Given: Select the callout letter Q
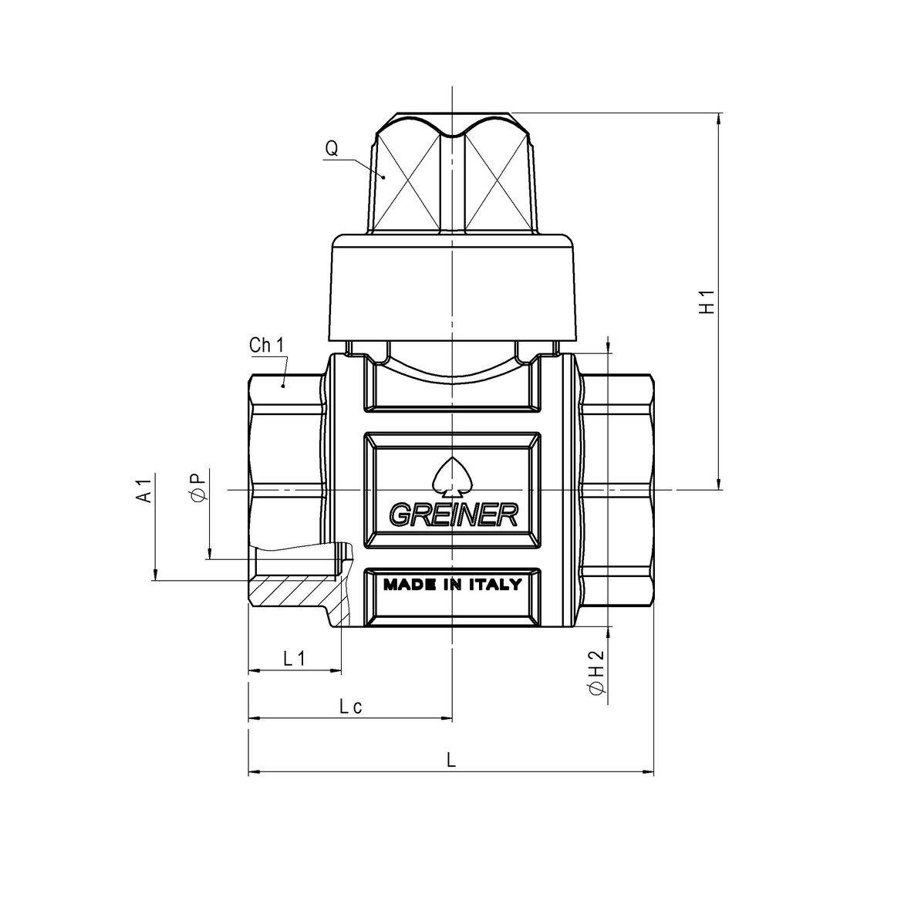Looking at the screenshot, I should point(331,148).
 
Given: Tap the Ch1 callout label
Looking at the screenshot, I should point(267,346).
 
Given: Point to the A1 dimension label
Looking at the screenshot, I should point(143,491).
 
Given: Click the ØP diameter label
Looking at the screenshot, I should point(197,488).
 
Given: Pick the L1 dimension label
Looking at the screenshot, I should point(295,658).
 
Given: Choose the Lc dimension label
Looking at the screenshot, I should point(350,706).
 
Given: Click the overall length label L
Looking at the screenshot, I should point(452,759).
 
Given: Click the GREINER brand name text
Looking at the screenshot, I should point(453,515).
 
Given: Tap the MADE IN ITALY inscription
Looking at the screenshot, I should point(453,585).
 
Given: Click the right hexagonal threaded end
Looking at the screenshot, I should point(617,490).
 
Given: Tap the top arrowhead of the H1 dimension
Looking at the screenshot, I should point(720,120).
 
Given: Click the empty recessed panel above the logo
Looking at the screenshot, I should point(452,386).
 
